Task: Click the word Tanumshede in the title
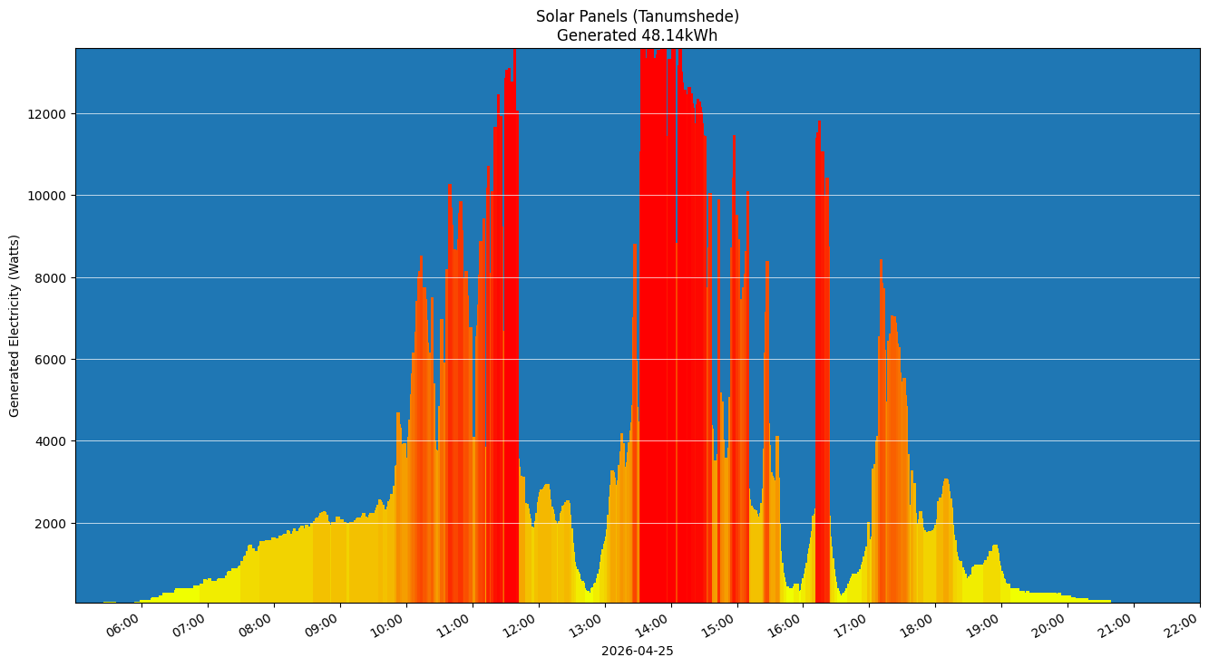[x=697, y=16]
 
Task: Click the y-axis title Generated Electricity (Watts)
[x=15, y=325]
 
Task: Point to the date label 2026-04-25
[x=637, y=651]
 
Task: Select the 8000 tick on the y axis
[x=52, y=278]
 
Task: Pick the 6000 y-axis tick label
[x=52, y=360]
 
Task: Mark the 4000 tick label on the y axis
[x=52, y=441]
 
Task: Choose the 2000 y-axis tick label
[x=52, y=524]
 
